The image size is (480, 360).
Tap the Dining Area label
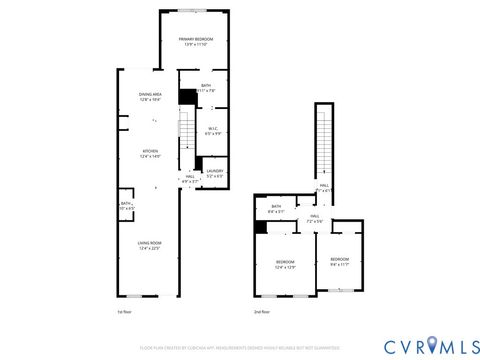pos(150,97)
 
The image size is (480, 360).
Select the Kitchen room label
pos(150,153)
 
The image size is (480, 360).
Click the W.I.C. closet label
pos(213,130)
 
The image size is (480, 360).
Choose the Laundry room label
pos(214,173)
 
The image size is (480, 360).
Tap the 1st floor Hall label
pos(190,180)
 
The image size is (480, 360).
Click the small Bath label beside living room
pos(125,206)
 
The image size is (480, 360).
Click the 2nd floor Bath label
pos(275,210)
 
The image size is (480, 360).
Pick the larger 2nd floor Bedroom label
pos(285,264)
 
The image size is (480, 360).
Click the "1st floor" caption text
pos(126,313)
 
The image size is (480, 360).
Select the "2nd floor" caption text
pos(263,313)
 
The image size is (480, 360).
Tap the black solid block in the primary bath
pos(186,96)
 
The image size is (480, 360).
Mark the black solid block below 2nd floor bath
pos(261,227)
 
